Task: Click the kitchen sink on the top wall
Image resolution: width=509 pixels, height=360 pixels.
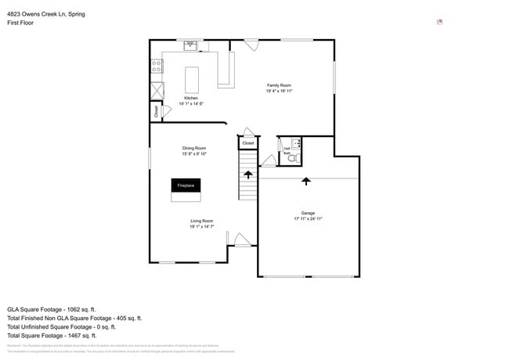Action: tap(190, 46)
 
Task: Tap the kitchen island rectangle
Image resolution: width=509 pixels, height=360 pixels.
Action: tap(192, 79)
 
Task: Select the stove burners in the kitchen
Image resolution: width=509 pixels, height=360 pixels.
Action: tap(157, 67)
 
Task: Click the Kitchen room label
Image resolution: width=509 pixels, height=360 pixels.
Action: tap(191, 99)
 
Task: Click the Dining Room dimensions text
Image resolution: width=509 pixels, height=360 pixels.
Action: tap(194, 154)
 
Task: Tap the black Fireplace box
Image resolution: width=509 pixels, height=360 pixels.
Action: tap(186, 185)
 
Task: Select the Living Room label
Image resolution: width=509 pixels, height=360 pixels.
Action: tap(201, 221)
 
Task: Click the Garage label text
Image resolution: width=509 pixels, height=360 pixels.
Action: tap(308, 213)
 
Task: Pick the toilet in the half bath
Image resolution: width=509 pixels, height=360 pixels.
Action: tap(292, 158)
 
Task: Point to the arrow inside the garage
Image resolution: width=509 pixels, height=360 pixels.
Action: tap(305, 181)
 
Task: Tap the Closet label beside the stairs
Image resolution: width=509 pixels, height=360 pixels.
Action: tap(247, 143)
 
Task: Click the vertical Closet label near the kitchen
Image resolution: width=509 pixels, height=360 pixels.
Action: tap(156, 112)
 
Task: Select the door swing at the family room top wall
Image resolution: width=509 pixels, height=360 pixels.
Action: tap(251, 46)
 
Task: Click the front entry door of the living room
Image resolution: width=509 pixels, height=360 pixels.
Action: tap(242, 240)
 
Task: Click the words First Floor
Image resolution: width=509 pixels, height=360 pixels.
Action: tap(21, 23)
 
